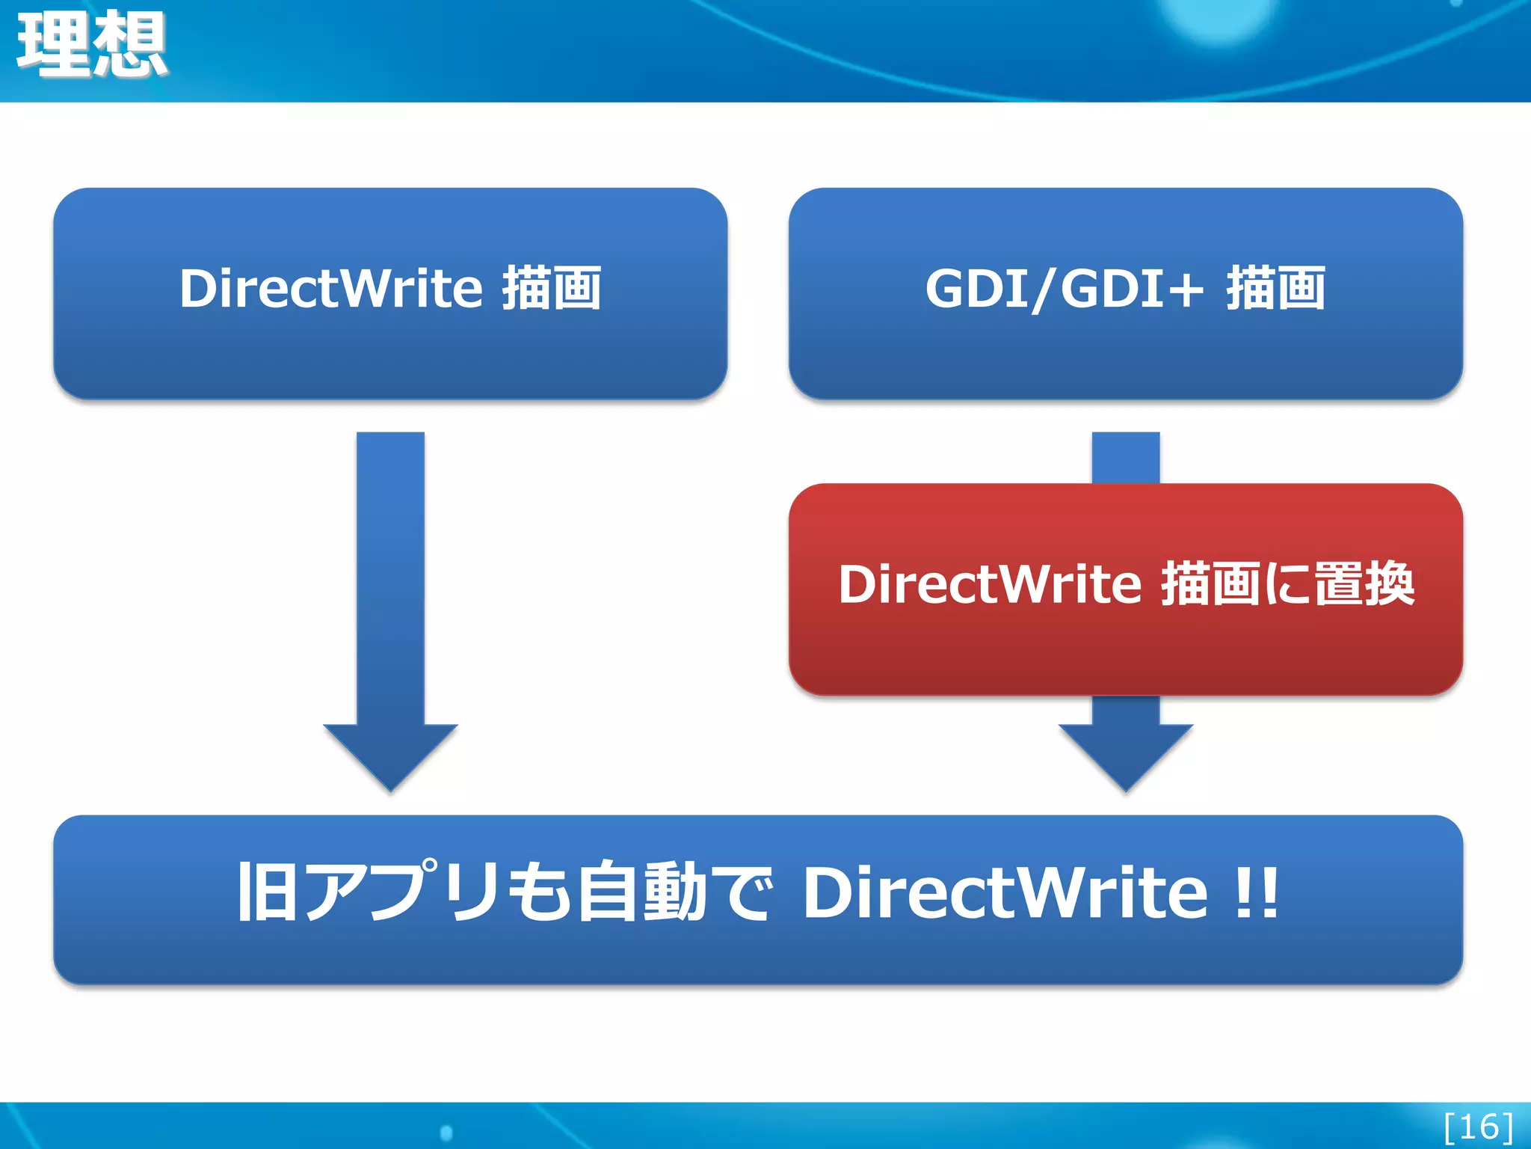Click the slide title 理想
click(x=91, y=45)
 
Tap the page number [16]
click(x=1478, y=1127)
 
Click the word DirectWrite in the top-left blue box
click(x=330, y=289)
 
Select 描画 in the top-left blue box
click(x=551, y=289)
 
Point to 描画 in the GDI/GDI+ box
click(x=1275, y=289)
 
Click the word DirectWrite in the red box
click(x=990, y=584)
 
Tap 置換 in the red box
click(x=1364, y=584)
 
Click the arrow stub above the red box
click(x=1126, y=458)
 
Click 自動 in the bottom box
click(x=641, y=892)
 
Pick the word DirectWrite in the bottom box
click(x=1004, y=892)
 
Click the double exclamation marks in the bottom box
click(x=1256, y=892)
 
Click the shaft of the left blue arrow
click(x=390, y=576)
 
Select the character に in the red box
click(x=1285, y=584)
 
